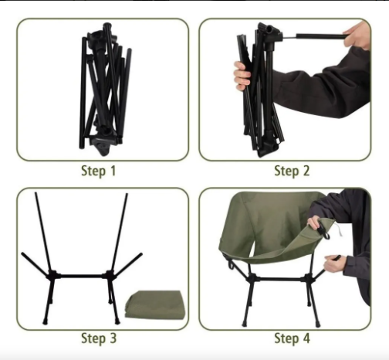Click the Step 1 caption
pyautogui.click(x=98, y=171)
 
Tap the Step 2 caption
pyautogui.click(x=292, y=171)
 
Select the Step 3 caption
pyautogui.click(x=99, y=338)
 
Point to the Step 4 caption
pyautogui.click(x=292, y=338)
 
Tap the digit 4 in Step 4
pyautogui.click(x=306, y=338)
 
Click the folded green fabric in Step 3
pyautogui.click(x=155, y=304)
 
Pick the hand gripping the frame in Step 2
pyautogui.click(x=242, y=76)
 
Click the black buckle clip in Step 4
pyautogui.click(x=323, y=230)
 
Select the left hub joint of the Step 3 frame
pyautogui.click(x=52, y=276)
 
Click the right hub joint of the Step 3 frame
pyautogui.click(x=110, y=276)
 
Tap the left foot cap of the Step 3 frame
pyautogui.click(x=46, y=321)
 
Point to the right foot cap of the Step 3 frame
pyautogui.click(x=117, y=321)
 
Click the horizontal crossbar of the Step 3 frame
pyautogui.click(x=82, y=277)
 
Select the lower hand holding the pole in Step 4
pyautogui.click(x=335, y=263)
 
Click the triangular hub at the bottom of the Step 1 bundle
pyautogui.click(x=102, y=147)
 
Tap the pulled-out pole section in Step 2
pyautogui.click(x=320, y=36)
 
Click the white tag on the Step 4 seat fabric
pyautogui.click(x=339, y=229)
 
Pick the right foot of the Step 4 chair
pyautogui.click(x=317, y=324)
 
